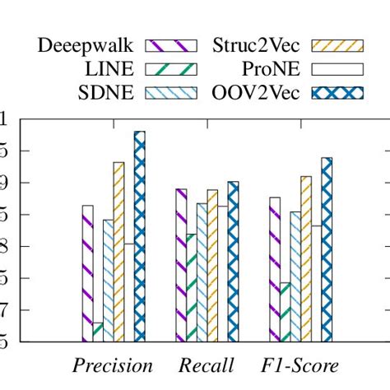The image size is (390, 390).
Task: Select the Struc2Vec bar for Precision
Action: click(118, 251)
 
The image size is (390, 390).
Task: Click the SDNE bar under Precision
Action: click(108, 280)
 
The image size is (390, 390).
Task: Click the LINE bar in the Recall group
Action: click(192, 287)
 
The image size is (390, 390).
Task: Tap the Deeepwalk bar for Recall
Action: click(181, 264)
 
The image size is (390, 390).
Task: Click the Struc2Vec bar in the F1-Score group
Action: click(306, 258)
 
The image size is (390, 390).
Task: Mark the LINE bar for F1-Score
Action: click(286, 312)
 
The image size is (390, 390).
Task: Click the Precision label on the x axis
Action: click(113, 365)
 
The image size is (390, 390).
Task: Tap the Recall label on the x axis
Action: click(207, 365)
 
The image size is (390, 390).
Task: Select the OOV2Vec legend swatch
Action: click(332, 92)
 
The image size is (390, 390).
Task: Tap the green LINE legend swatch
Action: click(171, 69)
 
